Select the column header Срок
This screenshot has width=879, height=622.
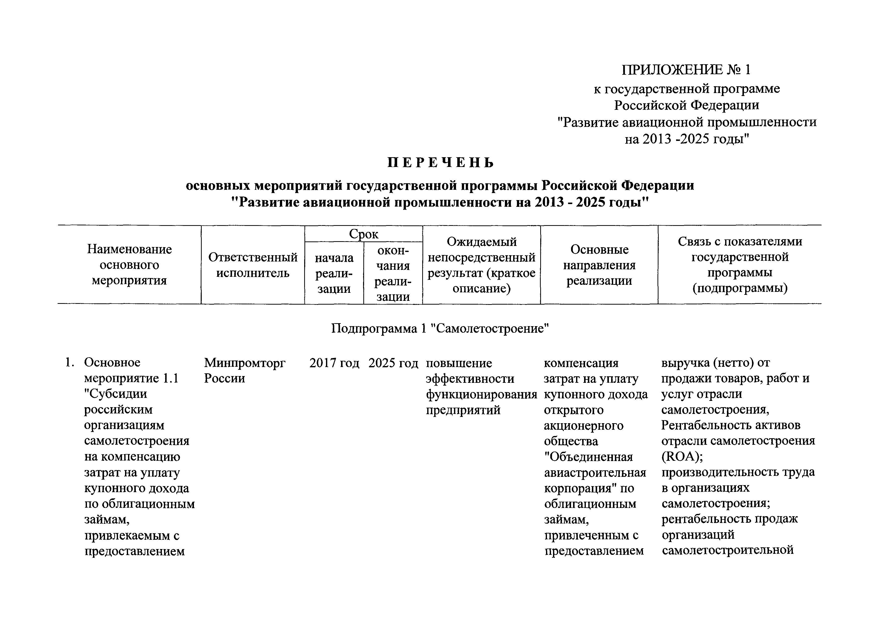[x=363, y=234]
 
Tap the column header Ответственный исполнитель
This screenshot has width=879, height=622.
[x=253, y=265]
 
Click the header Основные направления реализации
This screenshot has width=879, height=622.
[x=599, y=265]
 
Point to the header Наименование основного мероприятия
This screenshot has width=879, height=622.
[x=129, y=265]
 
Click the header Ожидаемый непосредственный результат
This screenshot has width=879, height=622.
[x=482, y=265]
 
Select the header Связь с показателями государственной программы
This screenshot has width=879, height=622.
[x=740, y=265]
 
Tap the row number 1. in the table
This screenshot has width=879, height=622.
[x=69, y=362]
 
